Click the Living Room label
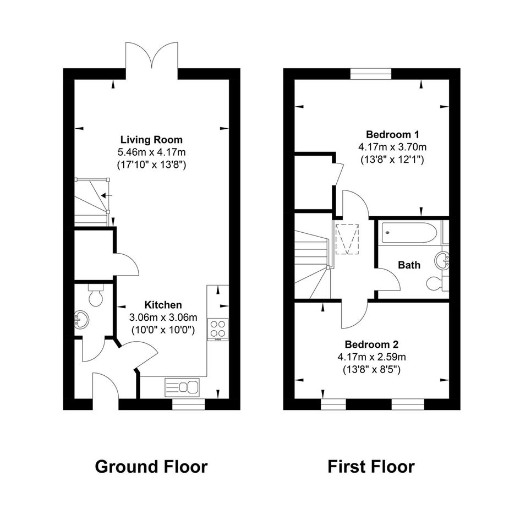click(x=151, y=140)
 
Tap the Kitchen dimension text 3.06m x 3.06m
click(x=163, y=318)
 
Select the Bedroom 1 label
click(x=392, y=134)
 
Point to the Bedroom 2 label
click(x=371, y=344)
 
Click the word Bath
click(x=409, y=265)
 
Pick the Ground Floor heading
click(x=151, y=467)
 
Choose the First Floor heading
click(x=371, y=467)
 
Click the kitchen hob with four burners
click(x=217, y=329)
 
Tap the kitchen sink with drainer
click(x=182, y=387)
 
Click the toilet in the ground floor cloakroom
click(x=96, y=295)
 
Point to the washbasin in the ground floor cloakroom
click(x=81, y=320)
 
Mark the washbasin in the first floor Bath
click(x=442, y=260)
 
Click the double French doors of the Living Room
click(x=152, y=56)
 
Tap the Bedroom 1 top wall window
click(x=371, y=74)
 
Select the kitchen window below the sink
click(x=189, y=404)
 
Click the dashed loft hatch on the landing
click(x=347, y=239)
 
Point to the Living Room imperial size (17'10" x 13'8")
click(x=151, y=165)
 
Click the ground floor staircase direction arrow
click(x=107, y=195)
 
